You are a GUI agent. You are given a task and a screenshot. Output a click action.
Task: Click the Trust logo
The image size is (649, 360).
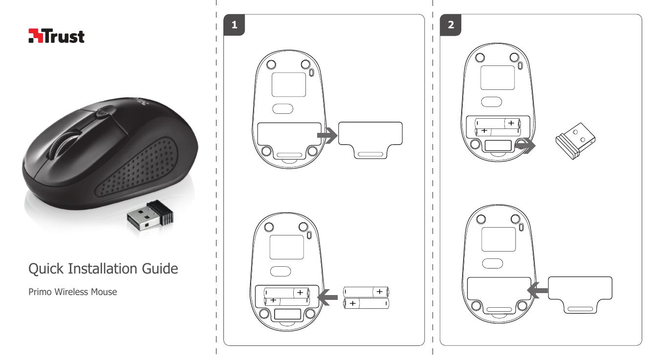pos(57,36)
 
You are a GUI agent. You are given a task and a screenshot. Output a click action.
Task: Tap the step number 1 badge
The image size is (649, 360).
pos(235,26)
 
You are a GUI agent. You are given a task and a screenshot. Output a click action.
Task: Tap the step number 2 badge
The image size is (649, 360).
pos(451,26)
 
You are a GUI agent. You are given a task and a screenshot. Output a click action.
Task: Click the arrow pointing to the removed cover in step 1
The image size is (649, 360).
pos(326,136)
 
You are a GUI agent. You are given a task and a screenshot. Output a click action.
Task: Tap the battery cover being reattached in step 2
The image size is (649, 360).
pos(581,292)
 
